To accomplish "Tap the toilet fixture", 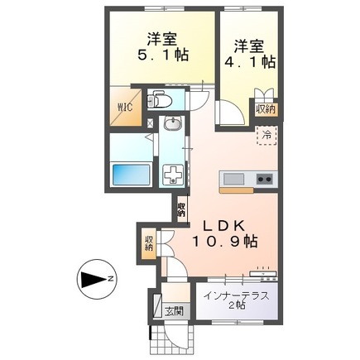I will (x=161, y=101).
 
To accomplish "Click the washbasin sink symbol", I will (x=173, y=127).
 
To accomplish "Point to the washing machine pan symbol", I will (x=175, y=176).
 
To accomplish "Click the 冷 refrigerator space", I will (x=266, y=132).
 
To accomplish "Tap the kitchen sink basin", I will (x=232, y=179).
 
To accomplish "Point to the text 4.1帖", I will (x=249, y=60).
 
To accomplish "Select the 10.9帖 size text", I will (x=226, y=242).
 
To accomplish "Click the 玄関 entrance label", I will (x=174, y=311).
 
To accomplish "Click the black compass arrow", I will (x=92, y=278).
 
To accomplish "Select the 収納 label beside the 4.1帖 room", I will (x=265, y=108).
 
